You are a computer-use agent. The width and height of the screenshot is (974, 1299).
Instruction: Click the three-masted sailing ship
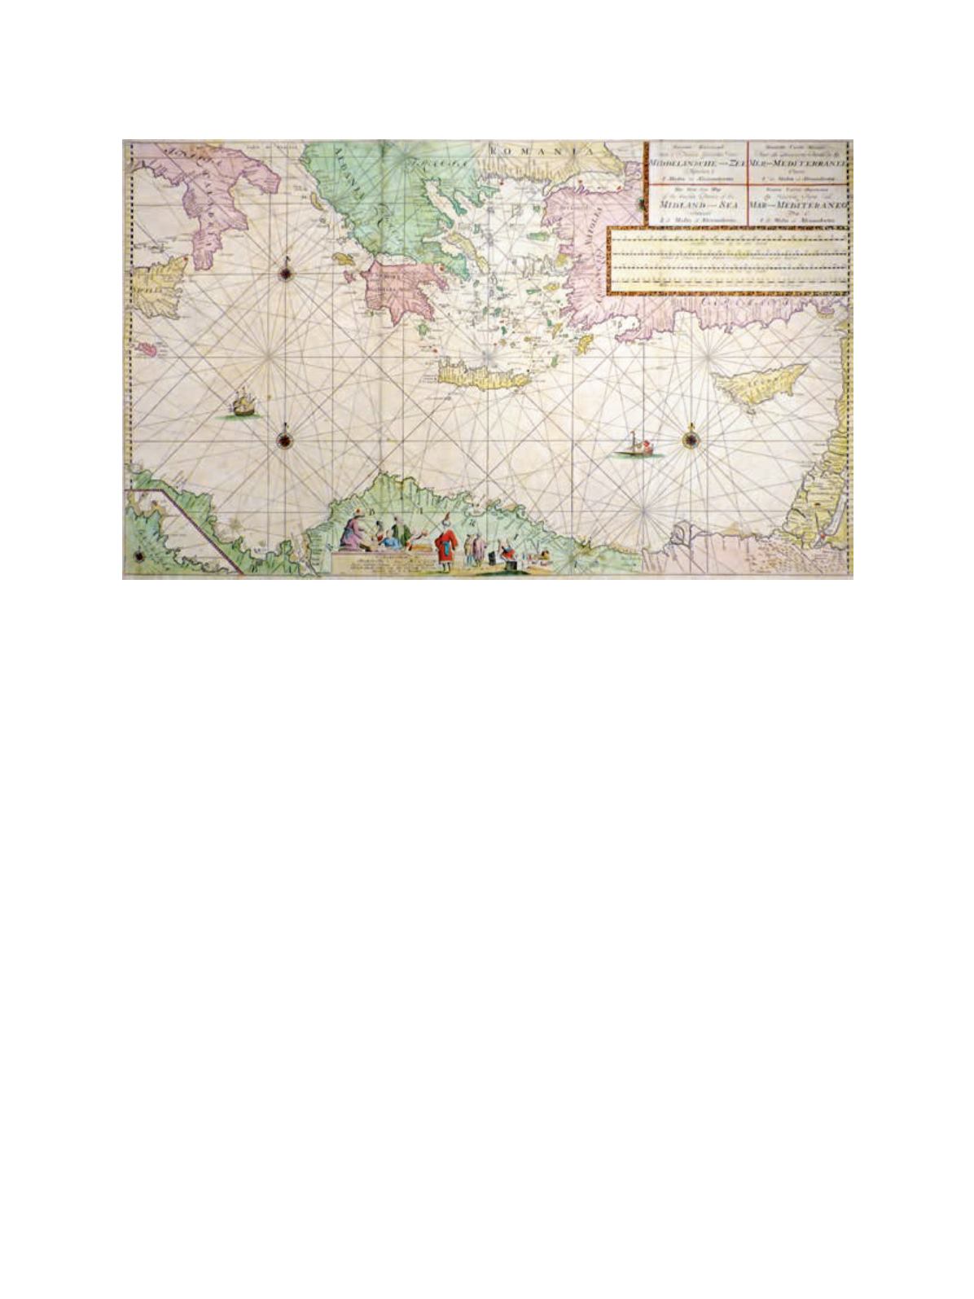click(242, 402)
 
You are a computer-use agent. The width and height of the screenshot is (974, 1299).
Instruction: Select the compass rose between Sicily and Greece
click(288, 272)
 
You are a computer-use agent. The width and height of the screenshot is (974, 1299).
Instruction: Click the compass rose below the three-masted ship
click(285, 440)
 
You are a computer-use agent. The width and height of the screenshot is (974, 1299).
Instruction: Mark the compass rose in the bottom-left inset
click(139, 555)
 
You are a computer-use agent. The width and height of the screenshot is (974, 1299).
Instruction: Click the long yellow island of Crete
click(476, 376)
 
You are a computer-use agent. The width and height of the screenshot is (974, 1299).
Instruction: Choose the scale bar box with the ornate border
click(730, 261)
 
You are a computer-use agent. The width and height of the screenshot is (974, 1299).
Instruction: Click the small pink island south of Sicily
click(147, 348)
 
